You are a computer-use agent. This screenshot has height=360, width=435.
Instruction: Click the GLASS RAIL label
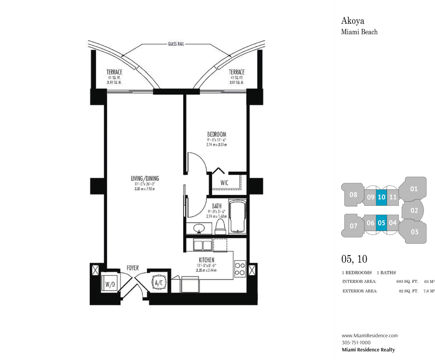coord(176,44)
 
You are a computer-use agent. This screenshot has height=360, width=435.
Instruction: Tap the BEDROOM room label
coord(217,134)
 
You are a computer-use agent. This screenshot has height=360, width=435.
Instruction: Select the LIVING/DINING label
coord(145,179)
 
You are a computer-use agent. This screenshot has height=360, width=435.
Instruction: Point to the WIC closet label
coord(224,183)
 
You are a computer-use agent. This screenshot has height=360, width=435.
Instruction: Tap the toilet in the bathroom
coord(220,227)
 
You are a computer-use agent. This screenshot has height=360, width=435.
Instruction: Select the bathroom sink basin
coord(199,228)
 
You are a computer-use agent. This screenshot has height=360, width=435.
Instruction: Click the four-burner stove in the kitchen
coord(240,269)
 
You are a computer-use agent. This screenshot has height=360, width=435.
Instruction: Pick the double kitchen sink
coord(203,245)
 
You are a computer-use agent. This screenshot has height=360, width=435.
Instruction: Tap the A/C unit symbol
coord(159,283)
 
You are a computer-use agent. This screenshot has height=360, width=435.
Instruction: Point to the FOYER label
coord(133,268)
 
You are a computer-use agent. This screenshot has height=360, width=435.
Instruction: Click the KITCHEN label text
coord(207,260)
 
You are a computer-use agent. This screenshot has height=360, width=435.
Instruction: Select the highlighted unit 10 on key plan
coord(381,197)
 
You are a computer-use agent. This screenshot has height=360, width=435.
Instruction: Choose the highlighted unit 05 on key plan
coord(381,223)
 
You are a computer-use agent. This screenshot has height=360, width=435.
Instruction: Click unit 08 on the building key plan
coord(353,195)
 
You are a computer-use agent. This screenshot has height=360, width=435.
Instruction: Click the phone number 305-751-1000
coord(356,342)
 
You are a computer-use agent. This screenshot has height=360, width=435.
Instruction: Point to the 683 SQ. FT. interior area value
coord(407,282)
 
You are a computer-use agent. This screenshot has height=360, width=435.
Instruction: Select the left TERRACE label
coord(114,72)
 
